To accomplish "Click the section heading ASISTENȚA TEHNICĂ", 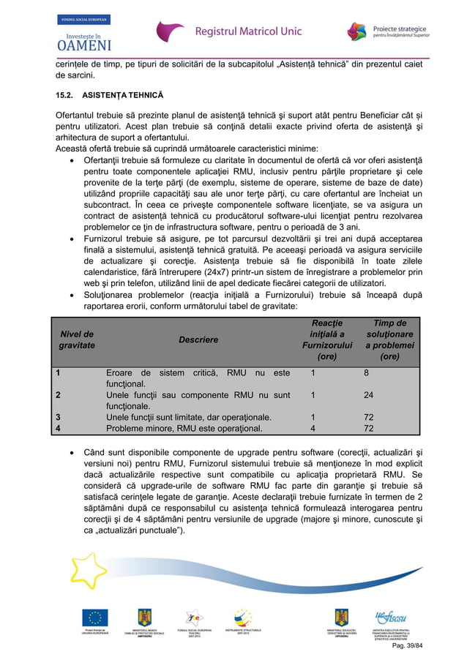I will pyautogui.click(x=122, y=97).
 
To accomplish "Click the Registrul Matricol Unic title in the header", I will pyautogui.click(x=248, y=31).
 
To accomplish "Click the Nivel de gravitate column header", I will pyautogui.click(x=77, y=340).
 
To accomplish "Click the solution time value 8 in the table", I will pyautogui.click(x=366, y=372).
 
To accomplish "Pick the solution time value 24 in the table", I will pyautogui.click(x=369, y=395).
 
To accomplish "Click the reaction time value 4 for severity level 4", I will pyautogui.click(x=313, y=428).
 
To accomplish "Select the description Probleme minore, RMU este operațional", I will pyautogui.click(x=184, y=428).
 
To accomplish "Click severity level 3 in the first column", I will pyautogui.click(x=59, y=417).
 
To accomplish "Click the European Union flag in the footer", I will pyautogui.click(x=94, y=618).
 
